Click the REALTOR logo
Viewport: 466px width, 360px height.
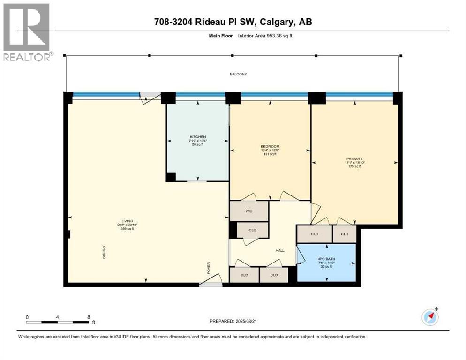tap(26, 32)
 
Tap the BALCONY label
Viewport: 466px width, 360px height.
tap(238, 74)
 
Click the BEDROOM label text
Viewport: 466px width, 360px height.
tap(270, 146)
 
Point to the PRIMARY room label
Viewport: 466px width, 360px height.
tap(354, 159)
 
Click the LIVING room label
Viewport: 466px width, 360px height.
tap(128, 221)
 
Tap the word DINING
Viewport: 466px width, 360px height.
tap(105, 253)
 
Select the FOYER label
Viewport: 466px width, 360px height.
tap(209, 268)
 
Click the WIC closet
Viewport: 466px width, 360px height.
tap(248, 211)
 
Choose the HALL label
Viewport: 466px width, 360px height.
tap(280, 250)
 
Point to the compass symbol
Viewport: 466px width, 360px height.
tap(430, 317)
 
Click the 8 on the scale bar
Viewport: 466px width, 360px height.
tap(89, 317)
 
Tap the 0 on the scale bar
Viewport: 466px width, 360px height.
tap(27, 317)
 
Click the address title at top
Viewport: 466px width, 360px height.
tap(233, 22)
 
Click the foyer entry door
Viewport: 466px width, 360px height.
tap(210, 283)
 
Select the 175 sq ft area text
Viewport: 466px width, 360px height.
tap(354, 166)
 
